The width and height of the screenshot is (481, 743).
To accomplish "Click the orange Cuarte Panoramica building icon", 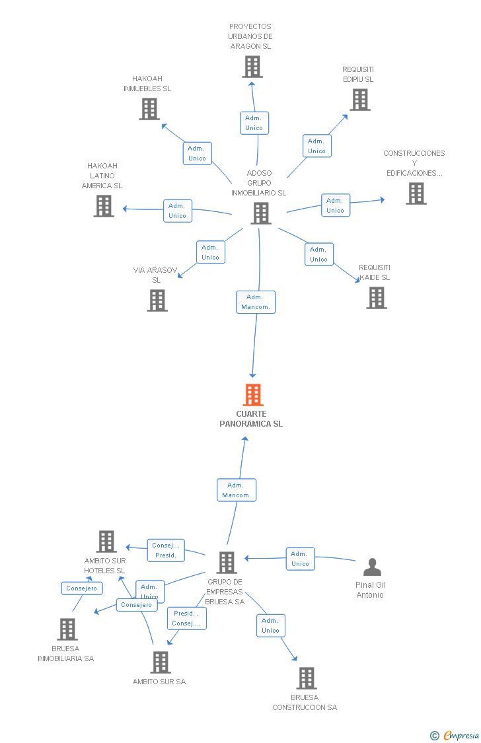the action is [x=252, y=395].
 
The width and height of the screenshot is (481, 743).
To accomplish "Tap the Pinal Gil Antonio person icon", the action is [x=372, y=567].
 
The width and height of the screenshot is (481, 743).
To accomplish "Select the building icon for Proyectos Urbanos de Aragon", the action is [x=252, y=66].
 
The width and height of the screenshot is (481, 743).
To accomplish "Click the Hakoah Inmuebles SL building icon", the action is [x=149, y=109].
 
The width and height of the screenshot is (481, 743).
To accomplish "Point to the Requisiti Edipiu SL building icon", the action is [x=360, y=100].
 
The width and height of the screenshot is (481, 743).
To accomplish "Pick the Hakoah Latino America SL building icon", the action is [x=104, y=206].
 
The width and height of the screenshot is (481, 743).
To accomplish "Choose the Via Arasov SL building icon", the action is [x=157, y=301].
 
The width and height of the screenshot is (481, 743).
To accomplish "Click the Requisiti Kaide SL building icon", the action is [x=377, y=298].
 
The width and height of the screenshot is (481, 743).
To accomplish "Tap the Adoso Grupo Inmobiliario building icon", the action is [x=261, y=213].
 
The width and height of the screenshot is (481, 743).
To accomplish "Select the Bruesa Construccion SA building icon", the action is [x=307, y=678].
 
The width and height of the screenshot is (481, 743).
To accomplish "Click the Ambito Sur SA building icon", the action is [x=161, y=662].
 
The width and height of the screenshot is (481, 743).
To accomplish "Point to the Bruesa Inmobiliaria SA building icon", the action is [x=67, y=629].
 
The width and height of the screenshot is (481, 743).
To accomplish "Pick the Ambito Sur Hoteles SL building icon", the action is [x=106, y=542].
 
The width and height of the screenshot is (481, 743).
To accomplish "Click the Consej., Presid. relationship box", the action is [x=165, y=551].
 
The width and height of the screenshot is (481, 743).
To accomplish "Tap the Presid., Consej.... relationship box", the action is [x=187, y=618].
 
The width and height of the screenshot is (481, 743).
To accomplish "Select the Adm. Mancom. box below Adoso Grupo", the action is [x=256, y=302].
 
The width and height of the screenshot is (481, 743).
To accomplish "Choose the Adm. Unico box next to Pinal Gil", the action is [x=301, y=559].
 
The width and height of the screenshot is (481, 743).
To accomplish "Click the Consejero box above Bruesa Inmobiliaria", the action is [x=82, y=588].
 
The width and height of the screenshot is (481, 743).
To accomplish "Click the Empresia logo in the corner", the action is [x=455, y=736].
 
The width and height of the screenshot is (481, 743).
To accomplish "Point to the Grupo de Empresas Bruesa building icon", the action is [x=227, y=563].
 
